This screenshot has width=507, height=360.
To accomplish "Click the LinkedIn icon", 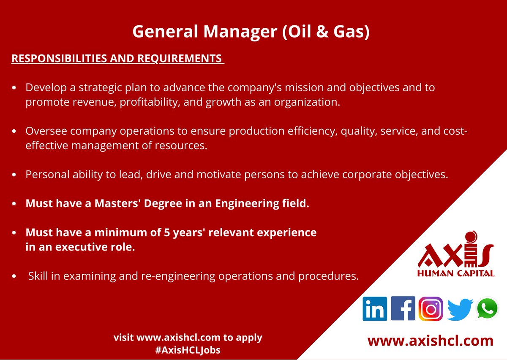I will [x=375, y=309].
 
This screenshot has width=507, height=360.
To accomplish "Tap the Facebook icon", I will [x=403, y=308].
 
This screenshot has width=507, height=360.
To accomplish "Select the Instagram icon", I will [x=431, y=309].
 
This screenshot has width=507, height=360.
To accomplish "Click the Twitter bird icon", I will [x=459, y=309].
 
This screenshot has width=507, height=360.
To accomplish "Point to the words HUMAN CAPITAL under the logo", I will [x=455, y=273].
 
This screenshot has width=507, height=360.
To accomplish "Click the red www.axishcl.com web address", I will [x=430, y=341].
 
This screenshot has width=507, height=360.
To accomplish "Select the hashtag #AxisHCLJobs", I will [x=188, y=350].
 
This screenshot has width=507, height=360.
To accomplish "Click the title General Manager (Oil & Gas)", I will [x=251, y=32].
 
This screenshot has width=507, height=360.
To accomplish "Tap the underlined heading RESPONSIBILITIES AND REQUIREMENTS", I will [x=117, y=59].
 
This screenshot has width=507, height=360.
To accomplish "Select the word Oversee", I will [x=46, y=131].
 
